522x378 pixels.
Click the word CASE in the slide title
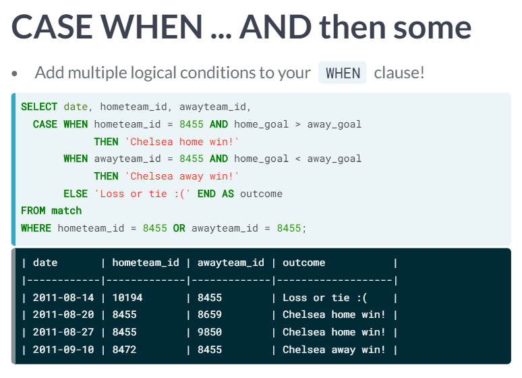[52, 27]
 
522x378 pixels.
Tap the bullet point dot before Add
[14, 74]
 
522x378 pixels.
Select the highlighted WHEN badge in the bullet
[343, 73]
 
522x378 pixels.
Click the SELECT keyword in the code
[39, 107]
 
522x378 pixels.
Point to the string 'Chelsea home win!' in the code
[182, 142]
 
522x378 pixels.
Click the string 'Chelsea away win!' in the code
[182, 176]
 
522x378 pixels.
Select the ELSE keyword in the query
[76, 194]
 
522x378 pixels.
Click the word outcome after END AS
[261, 194]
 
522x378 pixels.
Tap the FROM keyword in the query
[33, 211]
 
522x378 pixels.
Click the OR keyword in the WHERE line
[179, 228]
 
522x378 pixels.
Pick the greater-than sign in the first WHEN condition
[298, 124]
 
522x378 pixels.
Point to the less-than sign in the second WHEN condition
[298, 159]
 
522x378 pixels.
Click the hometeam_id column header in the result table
[146, 263]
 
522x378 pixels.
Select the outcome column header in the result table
[304, 263]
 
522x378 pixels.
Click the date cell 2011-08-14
[63, 298]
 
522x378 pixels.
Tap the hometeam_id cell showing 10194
[127, 298]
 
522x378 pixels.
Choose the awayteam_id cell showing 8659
[210, 315]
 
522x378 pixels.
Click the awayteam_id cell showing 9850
[210, 332]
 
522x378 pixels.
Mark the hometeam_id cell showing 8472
[125, 350]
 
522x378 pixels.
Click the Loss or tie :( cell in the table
[325, 298]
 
